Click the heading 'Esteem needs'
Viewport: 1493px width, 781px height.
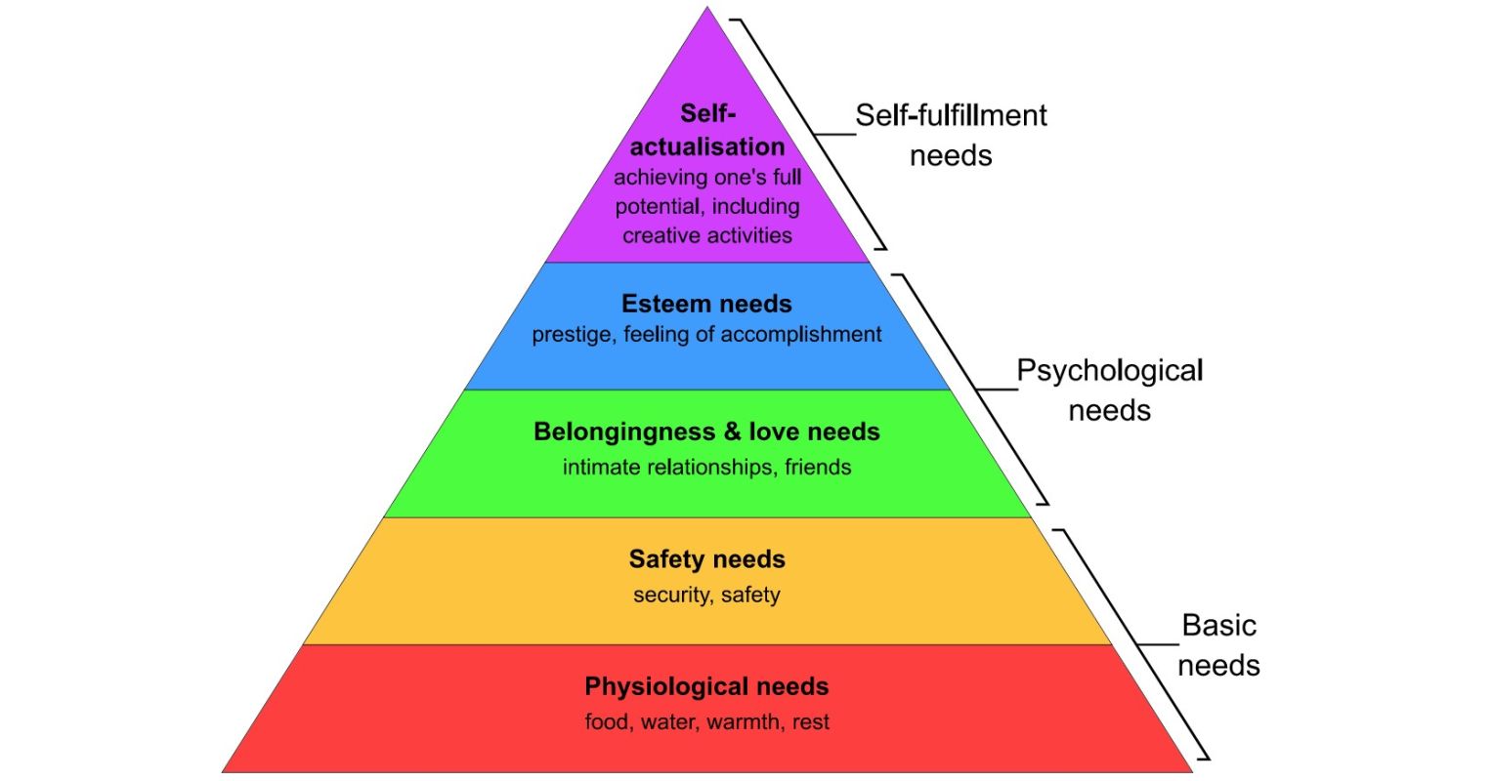click(706, 304)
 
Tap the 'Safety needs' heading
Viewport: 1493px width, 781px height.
click(706, 559)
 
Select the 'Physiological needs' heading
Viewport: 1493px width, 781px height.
click(706, 686)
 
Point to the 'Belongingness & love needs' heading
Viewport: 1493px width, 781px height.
click(706, 432)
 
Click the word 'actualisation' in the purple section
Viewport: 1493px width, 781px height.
click(706, 146)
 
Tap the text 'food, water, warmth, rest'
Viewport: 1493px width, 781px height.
click(706, 722)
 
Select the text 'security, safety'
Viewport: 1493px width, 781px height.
click(706, 595)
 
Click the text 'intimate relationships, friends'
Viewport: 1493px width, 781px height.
click(706, 467)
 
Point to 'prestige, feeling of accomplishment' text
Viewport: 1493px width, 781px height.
click(706, 334)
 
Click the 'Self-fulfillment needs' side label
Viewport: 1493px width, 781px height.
click(951, 135)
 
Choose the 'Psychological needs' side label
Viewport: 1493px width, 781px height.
click(1109, 390)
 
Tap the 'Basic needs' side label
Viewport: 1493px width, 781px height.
click(1218, 644)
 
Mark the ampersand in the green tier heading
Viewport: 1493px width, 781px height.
click(732, 432)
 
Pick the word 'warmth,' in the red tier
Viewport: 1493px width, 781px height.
click(746, 722)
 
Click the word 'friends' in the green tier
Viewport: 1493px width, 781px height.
click(818, 467)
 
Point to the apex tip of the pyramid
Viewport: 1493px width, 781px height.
click(707, 9)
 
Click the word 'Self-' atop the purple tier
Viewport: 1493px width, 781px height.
click(707, 114)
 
